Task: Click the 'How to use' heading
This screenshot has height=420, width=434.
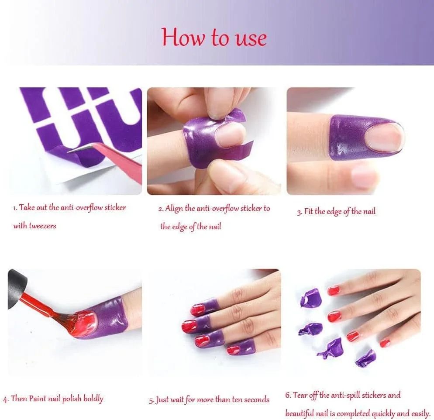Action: pos(214,38)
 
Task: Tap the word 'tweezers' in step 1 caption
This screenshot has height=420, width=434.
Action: pos(42,226)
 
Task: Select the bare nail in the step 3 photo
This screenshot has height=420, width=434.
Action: pos(384,137)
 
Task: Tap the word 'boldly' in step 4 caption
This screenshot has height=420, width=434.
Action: pos(93,399)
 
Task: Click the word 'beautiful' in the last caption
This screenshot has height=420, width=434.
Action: pos(299,413)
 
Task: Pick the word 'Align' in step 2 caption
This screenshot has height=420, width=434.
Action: pos(174,209)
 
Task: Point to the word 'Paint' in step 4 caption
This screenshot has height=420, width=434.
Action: pos(38,399)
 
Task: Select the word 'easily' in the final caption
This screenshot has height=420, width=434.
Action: pos(421,414)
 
